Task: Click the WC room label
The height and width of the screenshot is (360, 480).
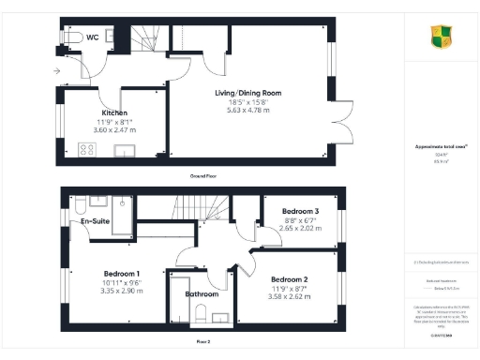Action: click(93, 37)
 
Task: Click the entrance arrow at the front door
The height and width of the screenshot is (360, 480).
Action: click(57, 71)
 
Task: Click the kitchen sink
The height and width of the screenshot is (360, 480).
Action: click(123, 151)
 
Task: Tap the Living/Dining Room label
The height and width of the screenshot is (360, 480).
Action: click(249, 94)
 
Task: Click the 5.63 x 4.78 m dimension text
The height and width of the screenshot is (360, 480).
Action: click(249, 110)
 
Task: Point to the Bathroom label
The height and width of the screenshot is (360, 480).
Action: click(202, 294)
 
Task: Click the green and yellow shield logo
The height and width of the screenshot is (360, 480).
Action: click(441, 37)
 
